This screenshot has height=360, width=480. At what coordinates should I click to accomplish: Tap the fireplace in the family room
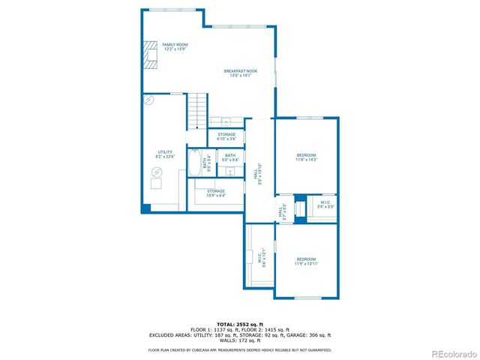151,56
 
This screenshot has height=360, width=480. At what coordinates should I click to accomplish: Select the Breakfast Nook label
235,73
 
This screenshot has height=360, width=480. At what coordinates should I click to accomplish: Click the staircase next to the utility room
197,111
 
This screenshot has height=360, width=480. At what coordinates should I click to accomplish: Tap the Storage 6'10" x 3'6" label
226,136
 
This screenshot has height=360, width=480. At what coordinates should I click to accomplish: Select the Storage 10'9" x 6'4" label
216,193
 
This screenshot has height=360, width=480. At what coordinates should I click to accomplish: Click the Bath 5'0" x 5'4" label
230,157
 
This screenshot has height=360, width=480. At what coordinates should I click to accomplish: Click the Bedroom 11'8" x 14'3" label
306,157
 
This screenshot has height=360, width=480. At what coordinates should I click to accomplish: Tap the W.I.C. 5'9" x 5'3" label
325,204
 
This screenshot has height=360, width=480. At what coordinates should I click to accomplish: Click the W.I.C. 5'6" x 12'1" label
259,258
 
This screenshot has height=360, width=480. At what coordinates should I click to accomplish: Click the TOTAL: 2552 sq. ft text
239,323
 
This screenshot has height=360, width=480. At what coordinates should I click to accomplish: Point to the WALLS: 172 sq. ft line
239,341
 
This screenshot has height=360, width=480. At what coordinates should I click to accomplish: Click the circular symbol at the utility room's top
148,99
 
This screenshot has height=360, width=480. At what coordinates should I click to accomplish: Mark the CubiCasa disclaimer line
239,350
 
